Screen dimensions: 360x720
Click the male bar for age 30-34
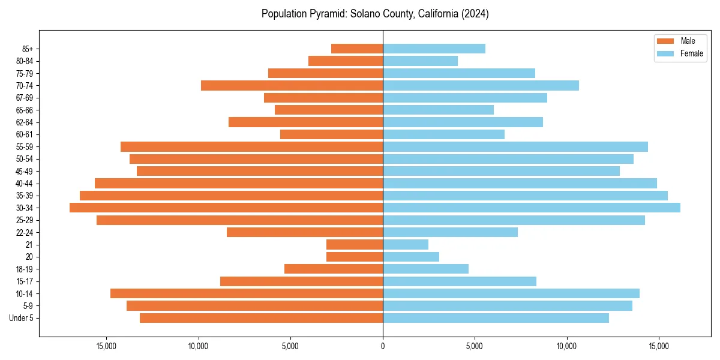click(226, 208)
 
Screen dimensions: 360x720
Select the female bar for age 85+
click(434, 49)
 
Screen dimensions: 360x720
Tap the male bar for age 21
click(355, 244)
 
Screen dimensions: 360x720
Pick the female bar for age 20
click(411, 257)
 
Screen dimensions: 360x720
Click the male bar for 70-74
click(292, 85)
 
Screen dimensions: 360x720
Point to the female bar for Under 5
click(496, 318)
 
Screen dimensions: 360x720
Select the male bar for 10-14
click(247, 293)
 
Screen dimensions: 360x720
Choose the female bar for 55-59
click(515, 146)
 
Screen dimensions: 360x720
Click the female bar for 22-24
click(450, 232)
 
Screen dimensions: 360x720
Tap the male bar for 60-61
click(331, 134)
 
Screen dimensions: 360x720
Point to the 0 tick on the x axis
click(383, 346)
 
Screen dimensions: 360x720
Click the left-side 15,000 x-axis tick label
click(106, 346)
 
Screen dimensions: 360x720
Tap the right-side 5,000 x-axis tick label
click(475, 346)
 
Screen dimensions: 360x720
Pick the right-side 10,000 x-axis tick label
click(566, 346)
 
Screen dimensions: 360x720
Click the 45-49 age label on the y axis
click(25, 171)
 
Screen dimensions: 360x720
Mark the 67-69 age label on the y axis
click(25, 98)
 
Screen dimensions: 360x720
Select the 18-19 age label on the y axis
click(25, 269)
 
